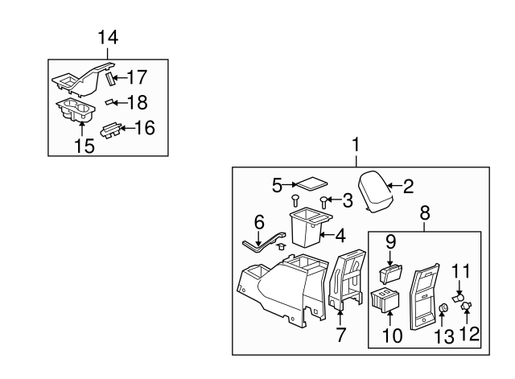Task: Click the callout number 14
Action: [x=107, y=37]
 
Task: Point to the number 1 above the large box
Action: [x=356, y=145]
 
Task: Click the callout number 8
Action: [x=424, y=214]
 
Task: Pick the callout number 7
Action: [x=340, y=336]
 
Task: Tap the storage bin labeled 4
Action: [x=305, y=227]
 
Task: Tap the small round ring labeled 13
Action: [x=443, y=308]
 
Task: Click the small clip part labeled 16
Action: [x=112, y=129]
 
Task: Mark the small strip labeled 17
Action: [x=112, y=79]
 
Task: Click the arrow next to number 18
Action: [x=119, y=102]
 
